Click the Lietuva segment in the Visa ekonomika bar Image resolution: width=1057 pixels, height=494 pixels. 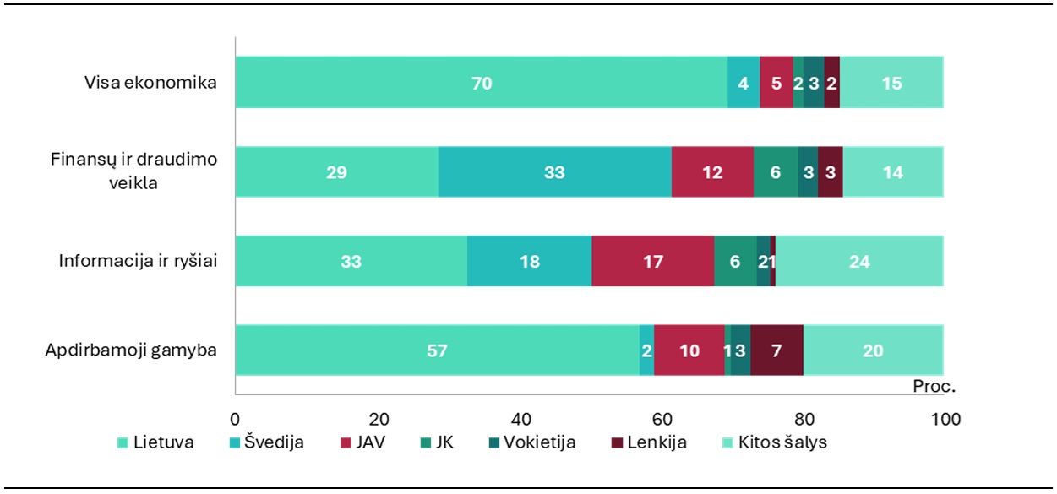(482, 83)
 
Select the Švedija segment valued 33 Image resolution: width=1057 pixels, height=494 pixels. (554, 172)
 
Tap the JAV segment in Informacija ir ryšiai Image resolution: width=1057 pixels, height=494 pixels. (652, 262)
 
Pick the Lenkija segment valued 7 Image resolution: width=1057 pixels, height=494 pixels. (776, 350)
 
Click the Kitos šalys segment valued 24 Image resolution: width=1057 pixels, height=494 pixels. (859, 262)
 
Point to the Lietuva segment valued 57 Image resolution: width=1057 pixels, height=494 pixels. (437, 350)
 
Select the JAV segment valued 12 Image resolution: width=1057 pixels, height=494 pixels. (712, 172)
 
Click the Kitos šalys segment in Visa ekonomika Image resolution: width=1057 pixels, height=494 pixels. (891, 83)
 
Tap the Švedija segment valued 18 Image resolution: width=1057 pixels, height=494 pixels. (529, 262)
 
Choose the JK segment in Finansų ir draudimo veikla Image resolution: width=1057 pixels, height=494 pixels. (776, 172)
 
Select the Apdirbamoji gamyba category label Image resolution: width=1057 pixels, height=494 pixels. (131, 350)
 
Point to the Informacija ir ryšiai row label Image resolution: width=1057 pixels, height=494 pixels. (138, 262)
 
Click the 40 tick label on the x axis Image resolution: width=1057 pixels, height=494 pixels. (520, 419)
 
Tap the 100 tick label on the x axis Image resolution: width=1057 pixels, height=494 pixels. (945, 419)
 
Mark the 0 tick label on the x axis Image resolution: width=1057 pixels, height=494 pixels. (235, 419)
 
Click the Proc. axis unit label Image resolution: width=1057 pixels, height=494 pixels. (934, 387)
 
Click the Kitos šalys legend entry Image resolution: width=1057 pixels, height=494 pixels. (772, 442)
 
